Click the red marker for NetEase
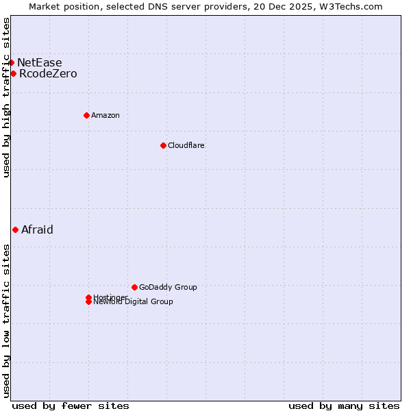click(x=11, y=62)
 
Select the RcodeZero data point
click(x=13, y=73)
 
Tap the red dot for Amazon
click(x=86, y=115)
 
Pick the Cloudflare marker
click(x=163, y=145)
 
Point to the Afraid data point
click(x=15, y=229)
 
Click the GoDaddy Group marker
click(x=134, y=287)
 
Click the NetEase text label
click(x=39, y=62)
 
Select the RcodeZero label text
click(x=48, y=73)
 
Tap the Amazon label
click(x=105, y=115)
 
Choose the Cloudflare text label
click(x=186, y=145)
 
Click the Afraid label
click(x=37, y=229)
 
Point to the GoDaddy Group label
click(x=168, y=287)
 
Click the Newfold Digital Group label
click(x=134, y=302)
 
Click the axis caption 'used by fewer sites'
click(x=71, y=406)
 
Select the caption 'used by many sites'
click(x=344, y=406)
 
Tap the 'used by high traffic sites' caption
click(x=7, y=97)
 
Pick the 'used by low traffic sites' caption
click(x=7, y=321)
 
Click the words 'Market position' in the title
click(x=60, y=6)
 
